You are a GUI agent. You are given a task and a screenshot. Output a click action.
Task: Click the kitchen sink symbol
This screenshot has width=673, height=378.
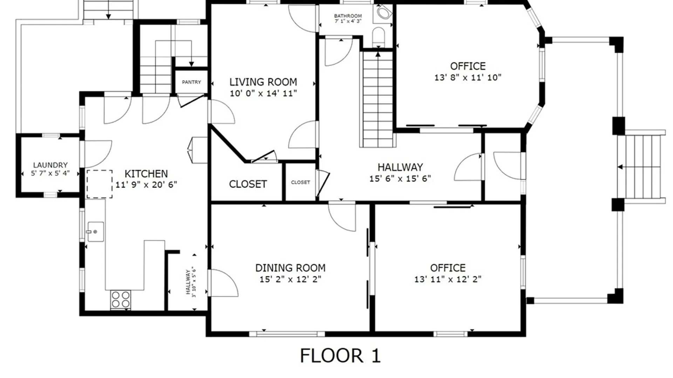95,231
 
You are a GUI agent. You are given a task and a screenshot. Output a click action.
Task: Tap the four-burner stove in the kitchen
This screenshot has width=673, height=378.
121,300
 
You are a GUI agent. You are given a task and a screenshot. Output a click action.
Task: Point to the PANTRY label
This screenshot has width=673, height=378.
191,82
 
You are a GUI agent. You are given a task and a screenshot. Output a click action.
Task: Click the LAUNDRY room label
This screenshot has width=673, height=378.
50,165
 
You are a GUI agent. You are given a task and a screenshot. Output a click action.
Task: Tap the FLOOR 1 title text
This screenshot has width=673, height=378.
340,356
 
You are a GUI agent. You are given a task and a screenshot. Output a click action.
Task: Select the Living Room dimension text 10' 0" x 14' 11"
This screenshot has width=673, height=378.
263,93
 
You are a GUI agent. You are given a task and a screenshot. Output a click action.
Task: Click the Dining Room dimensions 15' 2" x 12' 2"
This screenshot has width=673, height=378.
290,279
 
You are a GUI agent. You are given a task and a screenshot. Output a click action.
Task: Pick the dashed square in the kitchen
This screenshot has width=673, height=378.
100,184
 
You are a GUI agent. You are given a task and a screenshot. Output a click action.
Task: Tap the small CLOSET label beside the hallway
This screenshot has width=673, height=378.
300,182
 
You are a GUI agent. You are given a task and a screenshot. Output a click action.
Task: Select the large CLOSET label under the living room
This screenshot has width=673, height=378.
248,184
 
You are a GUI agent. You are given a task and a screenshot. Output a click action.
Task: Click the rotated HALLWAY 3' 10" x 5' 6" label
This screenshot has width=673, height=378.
191,282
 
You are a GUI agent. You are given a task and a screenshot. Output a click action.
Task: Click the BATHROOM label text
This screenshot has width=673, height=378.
348,16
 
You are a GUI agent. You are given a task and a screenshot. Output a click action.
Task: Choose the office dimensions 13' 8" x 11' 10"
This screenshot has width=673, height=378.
468,78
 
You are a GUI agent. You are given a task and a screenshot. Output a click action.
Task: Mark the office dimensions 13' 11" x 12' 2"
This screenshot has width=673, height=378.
448,279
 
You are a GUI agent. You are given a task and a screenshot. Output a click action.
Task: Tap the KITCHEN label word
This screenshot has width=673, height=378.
146,174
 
